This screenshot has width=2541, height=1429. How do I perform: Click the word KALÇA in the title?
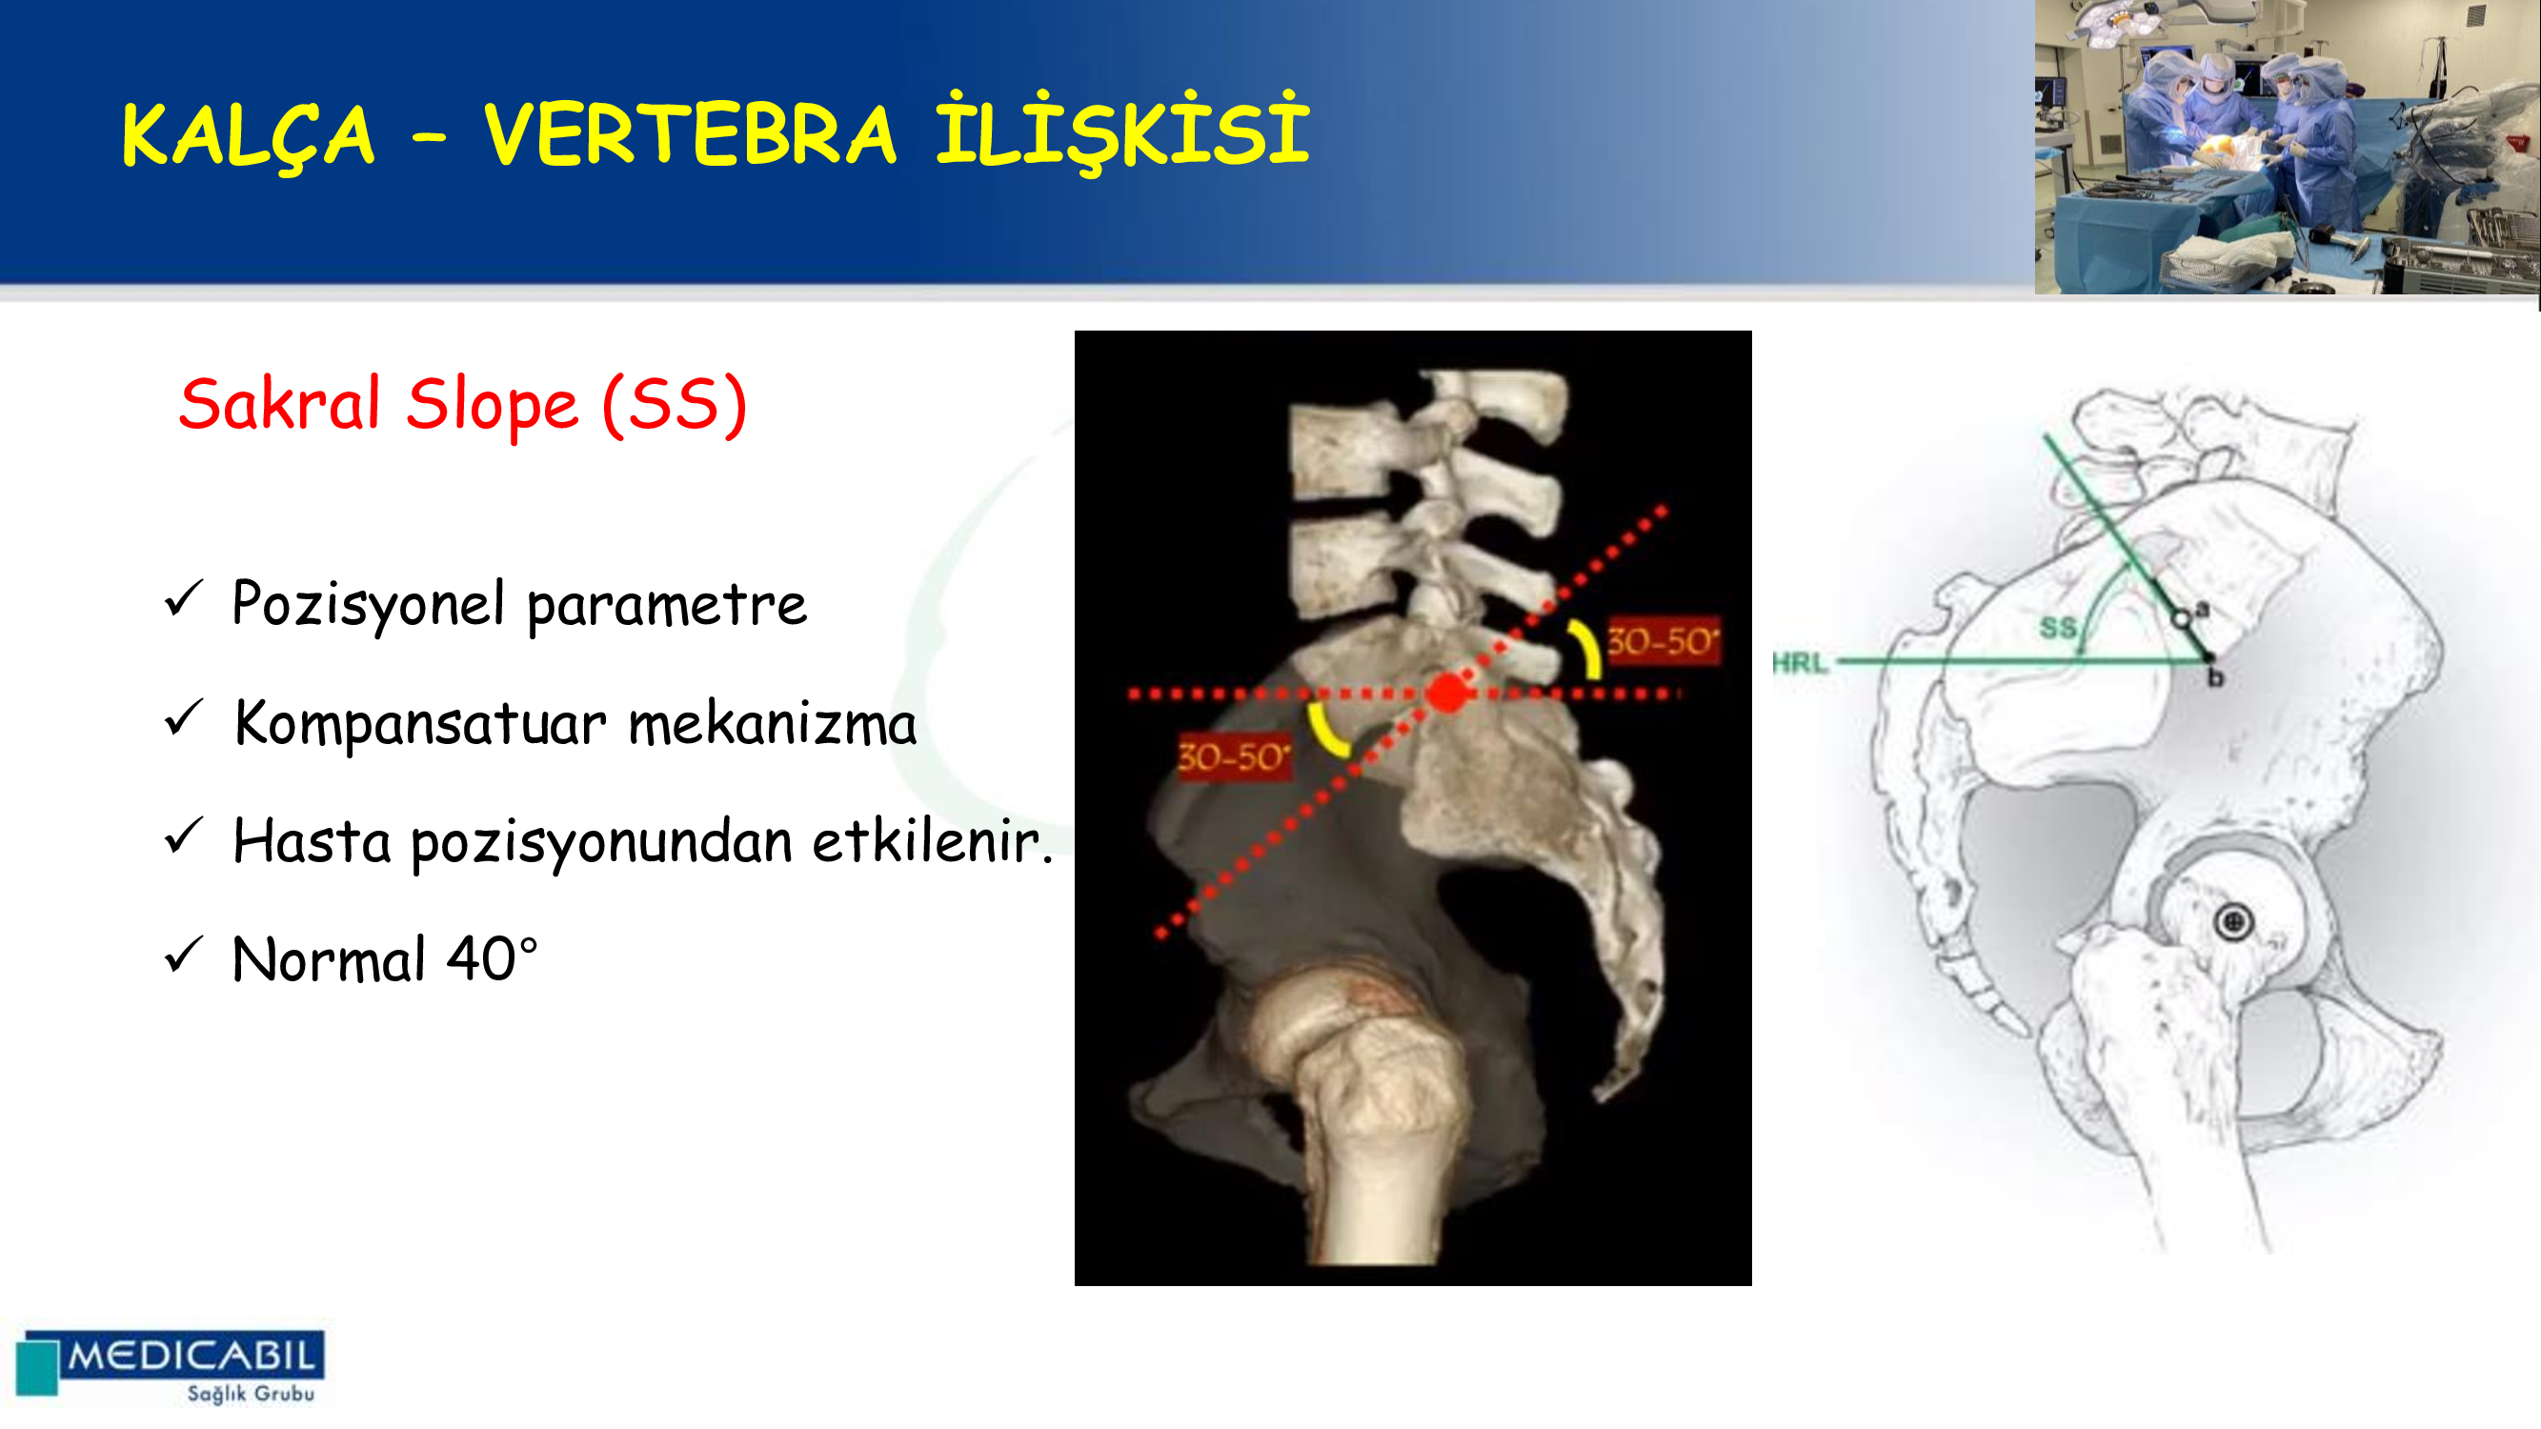click(248, 137)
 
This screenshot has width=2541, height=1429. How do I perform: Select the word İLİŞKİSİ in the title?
click(1122, 131)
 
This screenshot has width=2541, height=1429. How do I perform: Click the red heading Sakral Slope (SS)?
click(463, 405)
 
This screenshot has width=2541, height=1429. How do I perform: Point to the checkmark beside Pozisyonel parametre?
click(184, 598)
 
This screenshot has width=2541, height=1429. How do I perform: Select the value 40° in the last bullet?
click(493, 958)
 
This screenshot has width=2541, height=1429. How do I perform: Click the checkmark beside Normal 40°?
click(184, 955)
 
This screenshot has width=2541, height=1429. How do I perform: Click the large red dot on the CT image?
click(1447, 693)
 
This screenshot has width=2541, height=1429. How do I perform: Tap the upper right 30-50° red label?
click(1664, 641)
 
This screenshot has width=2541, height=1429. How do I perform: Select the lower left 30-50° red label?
click(1234, 756)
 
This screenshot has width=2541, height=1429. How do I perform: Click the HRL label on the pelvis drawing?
click(1800, 663)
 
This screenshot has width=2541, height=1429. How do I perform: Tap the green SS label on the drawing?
click(2059, 627)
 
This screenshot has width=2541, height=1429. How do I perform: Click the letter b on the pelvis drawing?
click(2215, 678)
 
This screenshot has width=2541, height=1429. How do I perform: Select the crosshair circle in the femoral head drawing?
click(2233, 922)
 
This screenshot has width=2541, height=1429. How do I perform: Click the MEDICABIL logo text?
click(192, 1356)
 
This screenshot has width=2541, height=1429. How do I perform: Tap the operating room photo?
click(2287, 147)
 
